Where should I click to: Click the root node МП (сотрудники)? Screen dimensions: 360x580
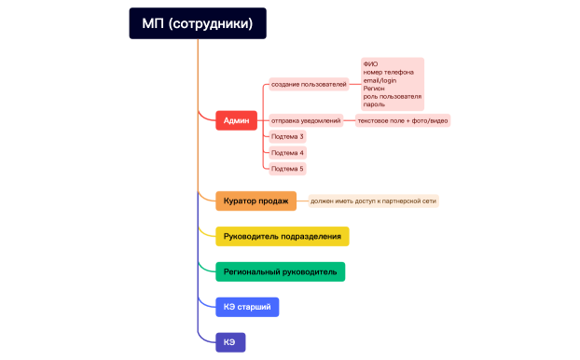[x=198, y=23]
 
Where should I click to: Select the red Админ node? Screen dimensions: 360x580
[x=236, y=119]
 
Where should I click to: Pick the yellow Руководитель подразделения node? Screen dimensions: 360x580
[x=282, y=236]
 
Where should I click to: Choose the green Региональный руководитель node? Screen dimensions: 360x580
[x=281, y=271]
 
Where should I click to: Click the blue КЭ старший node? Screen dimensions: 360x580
[x=247, y=306]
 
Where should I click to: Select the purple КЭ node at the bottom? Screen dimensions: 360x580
[x=229, y=342]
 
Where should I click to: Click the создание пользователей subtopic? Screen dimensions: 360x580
[x=309, y=85]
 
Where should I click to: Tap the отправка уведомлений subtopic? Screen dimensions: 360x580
[x=306, y=120]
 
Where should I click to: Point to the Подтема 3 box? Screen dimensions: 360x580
[x=287, y=137]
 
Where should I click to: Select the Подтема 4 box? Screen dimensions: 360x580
[x=287, y=153]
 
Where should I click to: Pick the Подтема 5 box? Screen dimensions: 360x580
[x=287, y=169]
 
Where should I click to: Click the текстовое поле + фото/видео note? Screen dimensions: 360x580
[x=402, y=120]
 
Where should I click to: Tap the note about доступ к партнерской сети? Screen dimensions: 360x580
[x=373, y=201]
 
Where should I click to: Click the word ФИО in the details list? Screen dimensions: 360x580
[x=371, y=64]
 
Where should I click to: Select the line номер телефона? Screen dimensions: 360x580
[x=389, y=72]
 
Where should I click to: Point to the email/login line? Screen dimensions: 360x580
[x=380, y=80]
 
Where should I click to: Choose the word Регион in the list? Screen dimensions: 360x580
[x=374, y=88]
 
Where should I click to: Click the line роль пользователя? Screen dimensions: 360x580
[x=392, y=96]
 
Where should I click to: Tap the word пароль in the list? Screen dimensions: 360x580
[x=374, y=104]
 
